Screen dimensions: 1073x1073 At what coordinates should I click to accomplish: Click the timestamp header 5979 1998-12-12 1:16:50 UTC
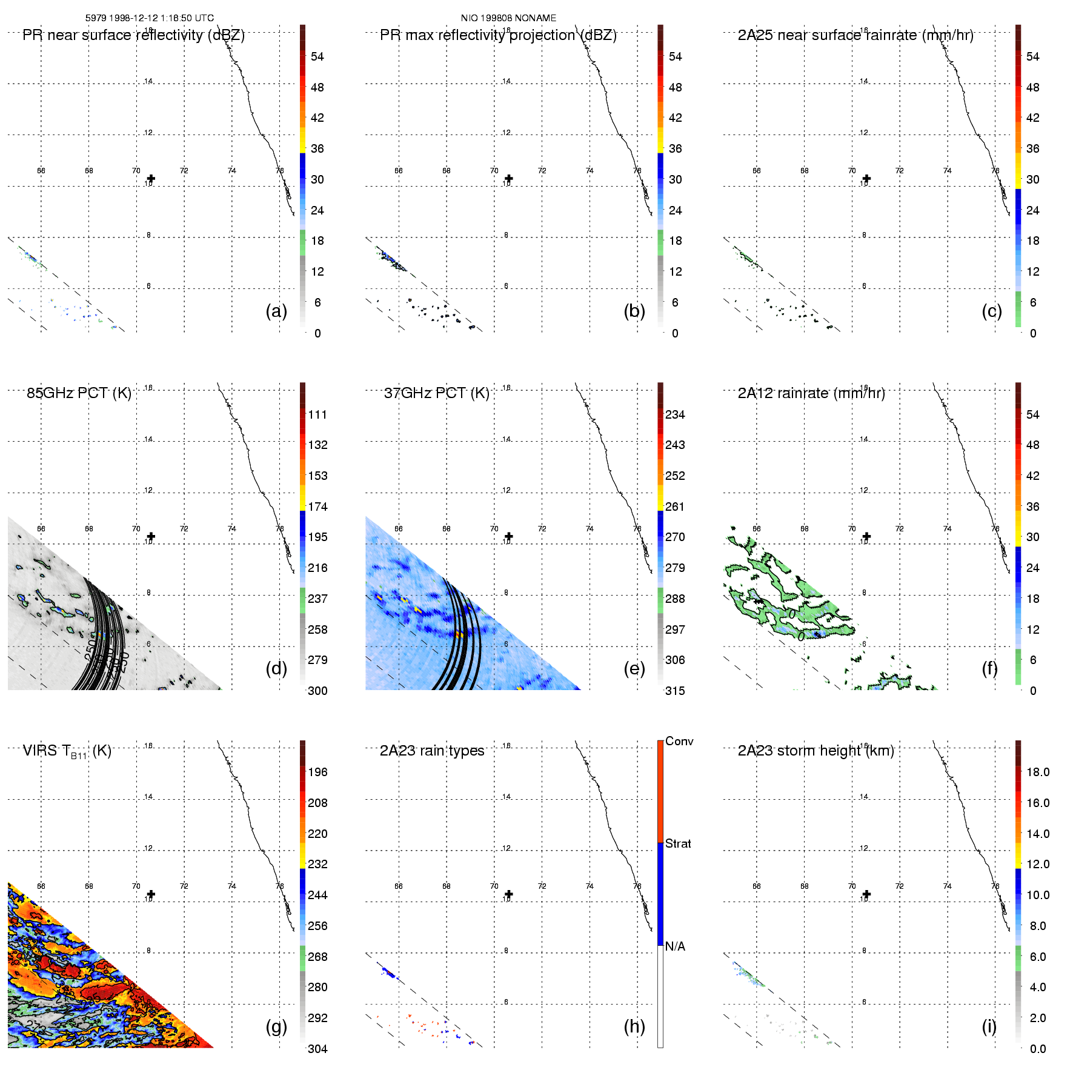[x=149, y=18]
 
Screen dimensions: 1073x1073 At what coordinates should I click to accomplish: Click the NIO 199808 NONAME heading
[x=508, y=18]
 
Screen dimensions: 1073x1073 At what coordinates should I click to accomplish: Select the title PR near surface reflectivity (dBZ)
[x=133, y=35]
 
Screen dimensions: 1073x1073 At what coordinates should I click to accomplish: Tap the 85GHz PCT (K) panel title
[x=79, y=393]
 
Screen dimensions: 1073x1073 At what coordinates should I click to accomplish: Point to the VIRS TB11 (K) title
[x=67, y=751]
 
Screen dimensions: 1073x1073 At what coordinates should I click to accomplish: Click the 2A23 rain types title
[x=431, y=751]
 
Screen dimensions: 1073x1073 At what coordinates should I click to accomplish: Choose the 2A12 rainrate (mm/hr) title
[x=811, y=393]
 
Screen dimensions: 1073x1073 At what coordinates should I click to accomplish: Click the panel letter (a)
[x=276, y=311]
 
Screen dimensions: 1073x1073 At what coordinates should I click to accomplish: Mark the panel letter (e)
[x=634, y=668]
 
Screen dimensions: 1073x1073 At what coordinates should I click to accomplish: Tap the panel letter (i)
[x=989, y=1026]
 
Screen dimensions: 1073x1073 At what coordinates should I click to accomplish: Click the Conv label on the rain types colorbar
[x=679, y=741]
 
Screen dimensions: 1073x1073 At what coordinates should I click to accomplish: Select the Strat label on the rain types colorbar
[x=678, y=843]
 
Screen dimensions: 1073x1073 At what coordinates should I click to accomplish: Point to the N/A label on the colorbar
[x=675, y=946]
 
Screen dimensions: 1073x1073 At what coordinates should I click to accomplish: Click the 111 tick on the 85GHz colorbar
[x=317, y=414]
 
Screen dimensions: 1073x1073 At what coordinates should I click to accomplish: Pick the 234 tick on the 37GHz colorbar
[x=675, y=414]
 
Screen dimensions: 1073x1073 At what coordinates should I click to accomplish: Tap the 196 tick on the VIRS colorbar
[x=317, y=772]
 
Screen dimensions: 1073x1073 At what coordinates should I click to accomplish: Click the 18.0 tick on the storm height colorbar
[x=1037, y=772]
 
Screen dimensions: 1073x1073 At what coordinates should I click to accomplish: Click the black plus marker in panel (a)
[x=151, y=179]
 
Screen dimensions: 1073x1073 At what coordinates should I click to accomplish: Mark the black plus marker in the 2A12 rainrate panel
[x=866, y=536]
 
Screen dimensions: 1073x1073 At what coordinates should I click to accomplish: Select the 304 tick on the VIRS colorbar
[x=317, y=1049]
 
